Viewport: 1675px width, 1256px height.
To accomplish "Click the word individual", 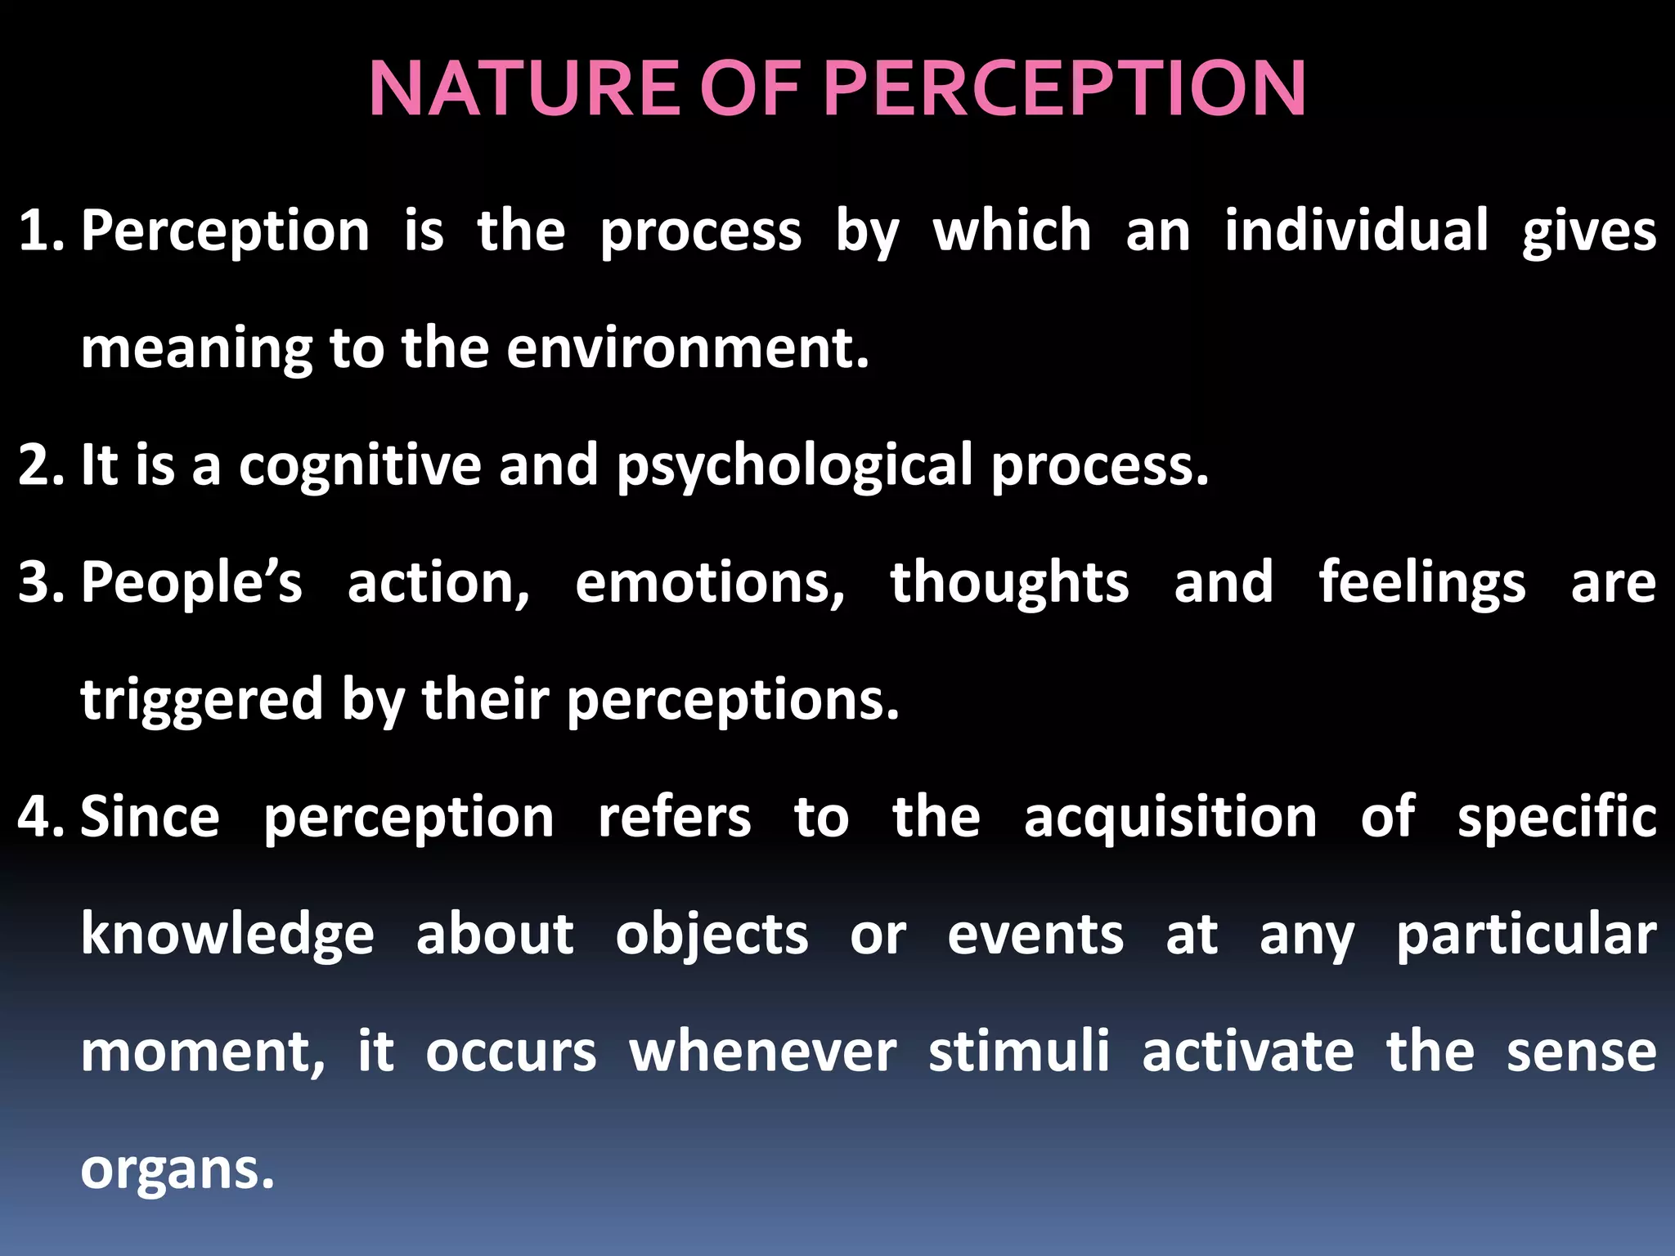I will click(1356, 231).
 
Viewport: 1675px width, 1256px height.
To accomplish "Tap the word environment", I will click(687, 348).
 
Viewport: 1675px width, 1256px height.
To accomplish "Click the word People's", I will click(191, 582).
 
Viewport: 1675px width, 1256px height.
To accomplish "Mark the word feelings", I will click(1421, 584).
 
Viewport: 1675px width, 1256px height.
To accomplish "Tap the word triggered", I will click(202, 701).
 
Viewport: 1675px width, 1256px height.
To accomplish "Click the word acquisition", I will click(1170, 819).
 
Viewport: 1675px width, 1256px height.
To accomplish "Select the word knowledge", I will click(227, 935).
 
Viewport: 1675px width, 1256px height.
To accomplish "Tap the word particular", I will click(1526, 935).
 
